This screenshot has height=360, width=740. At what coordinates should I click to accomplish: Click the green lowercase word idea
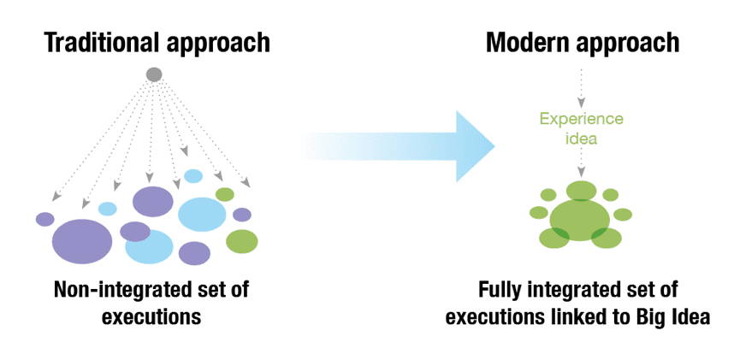pos(581,137)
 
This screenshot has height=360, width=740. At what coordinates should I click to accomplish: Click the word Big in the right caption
pos(653,316)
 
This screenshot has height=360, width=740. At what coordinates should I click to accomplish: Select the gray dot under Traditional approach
pos(154,74)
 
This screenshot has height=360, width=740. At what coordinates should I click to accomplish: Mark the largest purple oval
pos(82,240)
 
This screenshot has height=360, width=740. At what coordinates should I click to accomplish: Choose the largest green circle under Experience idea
pos(577,219)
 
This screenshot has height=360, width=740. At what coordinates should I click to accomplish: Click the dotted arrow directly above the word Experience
pos(581,87)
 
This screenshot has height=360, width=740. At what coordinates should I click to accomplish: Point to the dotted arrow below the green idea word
pos(581,162)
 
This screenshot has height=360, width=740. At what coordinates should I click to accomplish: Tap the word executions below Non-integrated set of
pos(151,316)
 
